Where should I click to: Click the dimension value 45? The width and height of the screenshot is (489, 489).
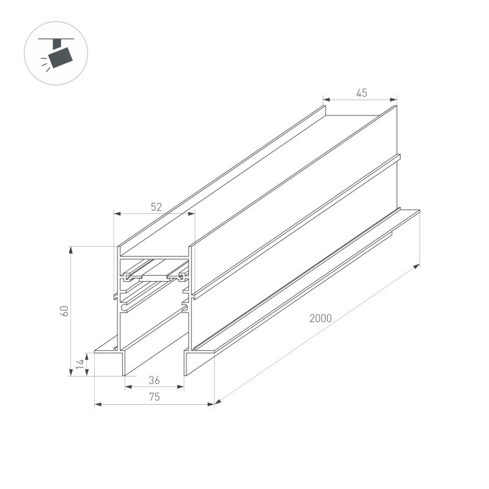point(361,93)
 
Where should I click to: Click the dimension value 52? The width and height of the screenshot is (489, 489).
point(156,207)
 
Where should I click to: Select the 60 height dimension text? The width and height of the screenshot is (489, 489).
point(65,311)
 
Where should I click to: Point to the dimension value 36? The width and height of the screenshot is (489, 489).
point(154,380)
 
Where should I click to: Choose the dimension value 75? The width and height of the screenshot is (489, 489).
point(154,397)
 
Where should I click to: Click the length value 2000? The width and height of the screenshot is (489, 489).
point(320,318)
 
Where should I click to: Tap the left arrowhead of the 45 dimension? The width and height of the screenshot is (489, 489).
point(326,99)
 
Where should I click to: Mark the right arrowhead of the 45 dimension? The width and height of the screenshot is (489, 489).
point(394,99)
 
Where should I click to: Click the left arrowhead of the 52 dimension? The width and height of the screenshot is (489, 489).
point(117,214)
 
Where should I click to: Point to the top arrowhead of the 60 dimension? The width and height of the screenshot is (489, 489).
point(71,249)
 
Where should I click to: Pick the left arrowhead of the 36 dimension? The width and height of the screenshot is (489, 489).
point(128,387)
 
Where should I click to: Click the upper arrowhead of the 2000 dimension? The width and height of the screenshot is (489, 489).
point(417,266)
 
